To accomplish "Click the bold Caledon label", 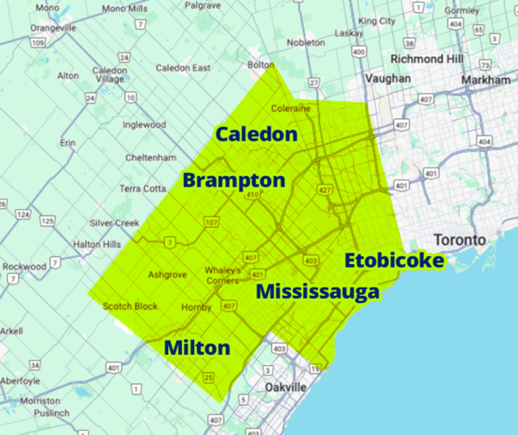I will (x=256, y=135).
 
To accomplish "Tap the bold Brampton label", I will (x=233, y=181).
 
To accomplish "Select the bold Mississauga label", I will (x=318, y=291).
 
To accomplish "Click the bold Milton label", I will (x=197, y=348).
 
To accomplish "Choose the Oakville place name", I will (x=285, y=388).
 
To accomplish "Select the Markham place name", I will (x=487, y=79).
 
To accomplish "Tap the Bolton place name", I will (x=259, y=64).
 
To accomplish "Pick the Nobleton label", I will (x=307, y=41).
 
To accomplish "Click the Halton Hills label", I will (x=97, y=244).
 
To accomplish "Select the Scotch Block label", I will (x=129, y=306).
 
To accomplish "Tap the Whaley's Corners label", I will (x=222, y=274).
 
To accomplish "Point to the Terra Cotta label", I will (x=142, y=188).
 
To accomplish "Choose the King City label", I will (x=377, y=20).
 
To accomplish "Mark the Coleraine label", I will (x=290, y=109).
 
